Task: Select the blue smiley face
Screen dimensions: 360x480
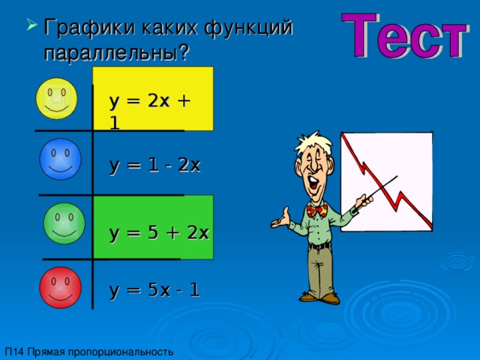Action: pyautogui.click(x=60, y=159)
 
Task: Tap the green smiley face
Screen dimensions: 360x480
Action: pyautogui.click(x=64, y=223)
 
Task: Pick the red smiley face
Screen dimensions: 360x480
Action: pyautogui.click(x=60, y=287)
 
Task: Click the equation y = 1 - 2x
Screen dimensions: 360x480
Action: pyautogui.click(x=154, y=166)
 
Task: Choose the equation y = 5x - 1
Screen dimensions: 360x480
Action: pyautogui.click(x=154, y=289)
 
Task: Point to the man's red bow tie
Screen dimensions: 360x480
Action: pyautogui.click(x=317, y=211)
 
